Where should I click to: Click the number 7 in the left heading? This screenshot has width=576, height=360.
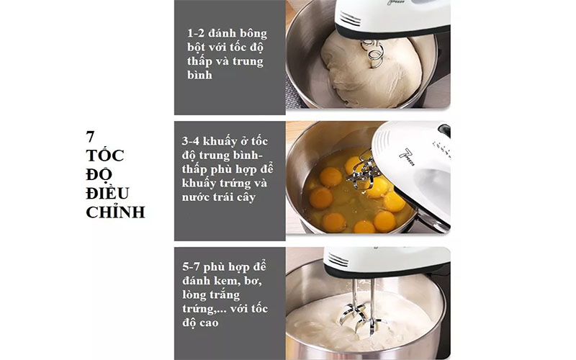click(x=91, y=136)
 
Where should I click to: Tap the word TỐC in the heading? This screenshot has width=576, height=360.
click(x=104, y=155)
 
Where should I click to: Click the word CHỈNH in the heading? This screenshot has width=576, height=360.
click(x=115, y=212)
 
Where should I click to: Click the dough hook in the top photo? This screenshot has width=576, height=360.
click(x=373, y=53)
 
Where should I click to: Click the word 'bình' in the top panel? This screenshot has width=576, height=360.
click(x=199, y=74)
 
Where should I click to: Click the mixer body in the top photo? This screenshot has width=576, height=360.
click(x=392, y=18)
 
